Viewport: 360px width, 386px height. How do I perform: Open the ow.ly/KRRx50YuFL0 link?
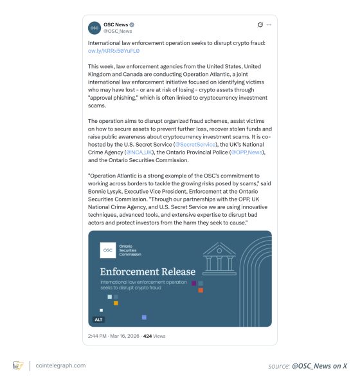(x=114, y=50)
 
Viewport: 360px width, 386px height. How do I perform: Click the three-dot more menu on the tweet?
(x=269, y=24)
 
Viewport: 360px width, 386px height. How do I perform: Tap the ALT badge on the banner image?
(x=99, y=319)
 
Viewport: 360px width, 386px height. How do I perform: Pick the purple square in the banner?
(x=194, y=283)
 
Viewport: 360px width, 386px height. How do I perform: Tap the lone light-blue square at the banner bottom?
(x=144, y=317)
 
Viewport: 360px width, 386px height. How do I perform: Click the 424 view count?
(x=147, y=336)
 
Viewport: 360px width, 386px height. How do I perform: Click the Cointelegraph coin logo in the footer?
(x=18, y=365)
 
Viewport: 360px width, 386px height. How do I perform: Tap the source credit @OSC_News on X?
(x=308, y=365)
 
